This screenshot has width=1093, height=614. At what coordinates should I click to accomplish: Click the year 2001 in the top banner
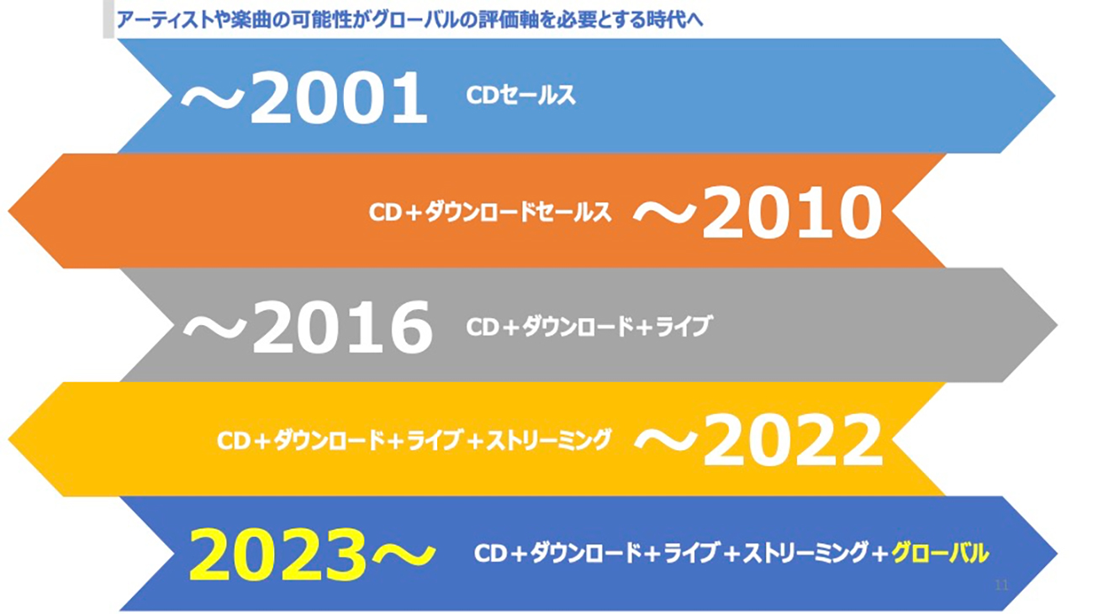(339, 97)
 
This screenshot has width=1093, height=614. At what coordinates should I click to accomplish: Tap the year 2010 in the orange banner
(791, 213)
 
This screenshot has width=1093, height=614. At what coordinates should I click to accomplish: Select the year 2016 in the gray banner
(341, 327)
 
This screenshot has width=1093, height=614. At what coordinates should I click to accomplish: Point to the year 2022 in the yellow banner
(792, 440)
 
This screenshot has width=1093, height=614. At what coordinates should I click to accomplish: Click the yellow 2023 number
(277, 554)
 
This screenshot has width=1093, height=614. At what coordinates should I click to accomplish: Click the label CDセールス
(520, 95)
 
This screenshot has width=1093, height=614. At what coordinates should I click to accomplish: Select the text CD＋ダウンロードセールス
(490, 213)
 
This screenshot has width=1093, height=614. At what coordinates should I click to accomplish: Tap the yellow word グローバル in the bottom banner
(940, 553)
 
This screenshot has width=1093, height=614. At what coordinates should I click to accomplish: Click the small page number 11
(1001, 585)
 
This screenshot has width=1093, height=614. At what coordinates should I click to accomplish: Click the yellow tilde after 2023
(403, 554)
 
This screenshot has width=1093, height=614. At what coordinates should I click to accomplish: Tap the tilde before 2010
(664, 214)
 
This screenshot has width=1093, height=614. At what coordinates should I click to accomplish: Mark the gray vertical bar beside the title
(108, 19)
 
